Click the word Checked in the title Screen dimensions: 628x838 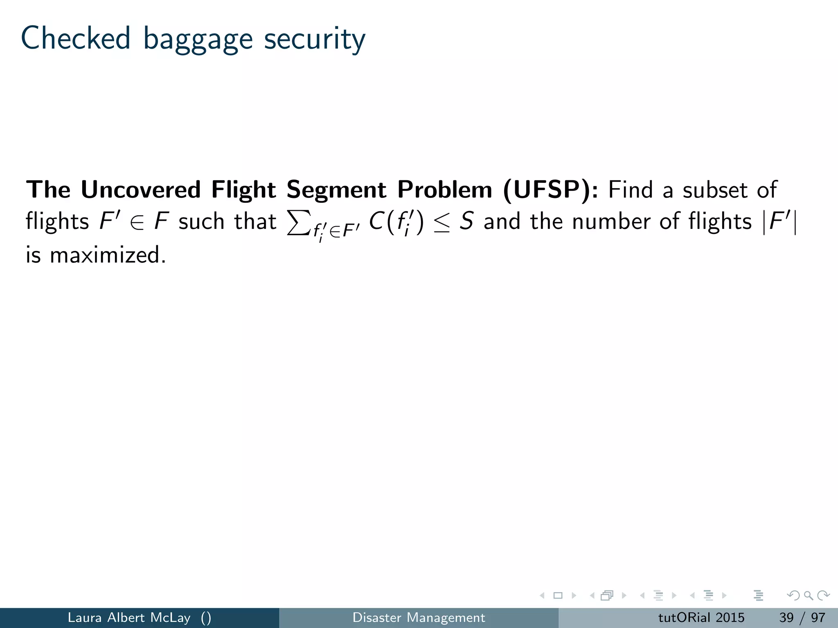coord(76,38)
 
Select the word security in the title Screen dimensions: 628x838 coord(314,40)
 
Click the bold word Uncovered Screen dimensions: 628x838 coord(141,190)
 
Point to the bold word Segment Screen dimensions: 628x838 coord(336,191)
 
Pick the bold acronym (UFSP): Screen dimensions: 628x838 coord(550,191)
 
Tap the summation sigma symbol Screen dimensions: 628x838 coord(298,222)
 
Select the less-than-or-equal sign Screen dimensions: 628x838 coord(442,223)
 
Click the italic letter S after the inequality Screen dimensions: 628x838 coord(466,221)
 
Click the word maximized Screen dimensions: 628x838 coord(108,255)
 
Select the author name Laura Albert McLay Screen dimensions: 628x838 coord(129,617)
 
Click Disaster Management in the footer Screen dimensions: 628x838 coord(419,617)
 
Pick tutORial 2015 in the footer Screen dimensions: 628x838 coord(701,617)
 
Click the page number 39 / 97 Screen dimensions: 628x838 coord(802,617)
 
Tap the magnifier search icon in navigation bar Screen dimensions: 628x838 coord(808,595)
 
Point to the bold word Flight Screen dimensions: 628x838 coord(243,191)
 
